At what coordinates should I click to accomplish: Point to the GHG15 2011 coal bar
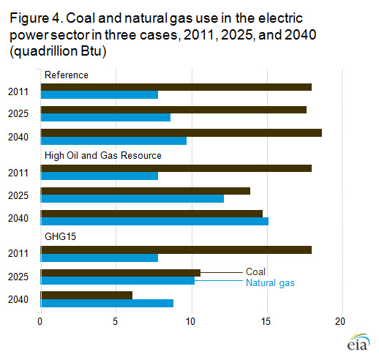(x=176, y=250)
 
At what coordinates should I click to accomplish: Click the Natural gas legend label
(x=270, y=282)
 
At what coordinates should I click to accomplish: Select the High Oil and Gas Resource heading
(x=102, y=155)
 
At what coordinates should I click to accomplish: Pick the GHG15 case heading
(x=59, y=236)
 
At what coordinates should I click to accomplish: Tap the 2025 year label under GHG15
(x=18, y=277)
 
